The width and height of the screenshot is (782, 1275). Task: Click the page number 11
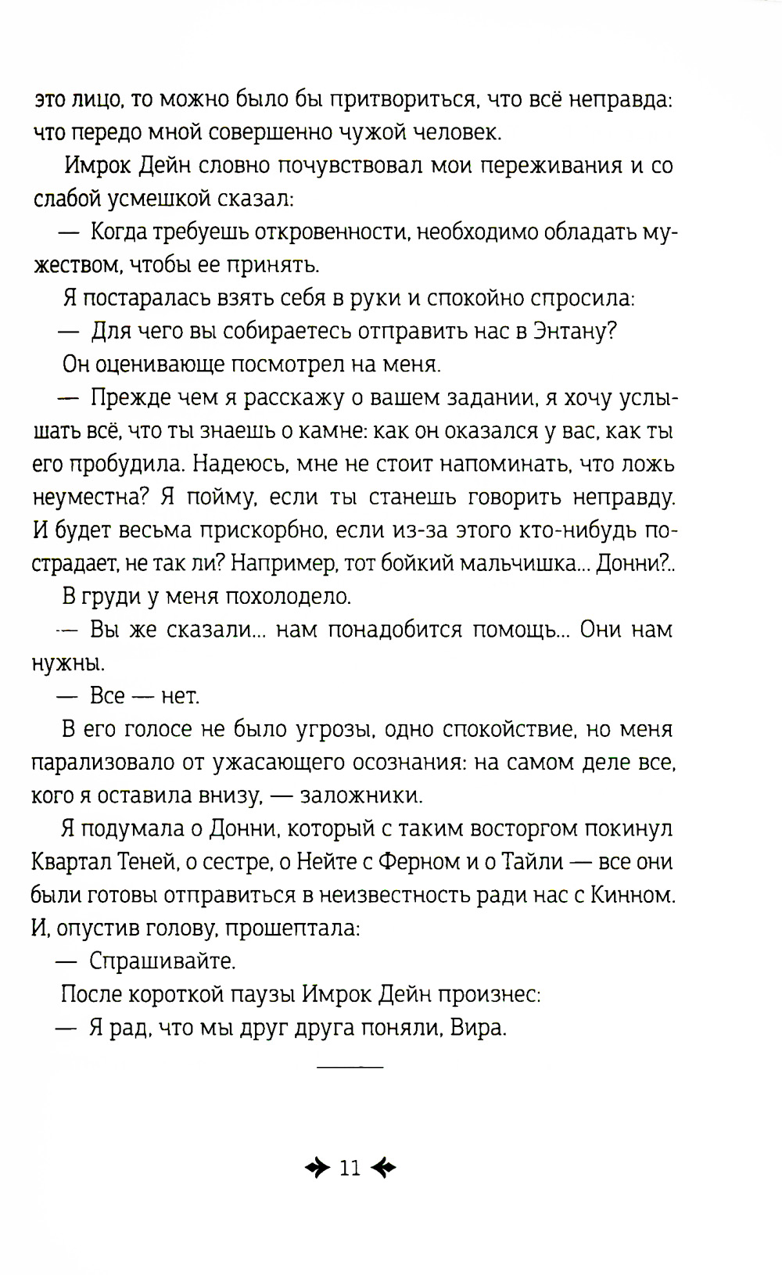[350, 1169]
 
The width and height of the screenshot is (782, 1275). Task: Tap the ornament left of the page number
[316, 1169]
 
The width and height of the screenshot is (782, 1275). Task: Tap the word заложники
[361, 796]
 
